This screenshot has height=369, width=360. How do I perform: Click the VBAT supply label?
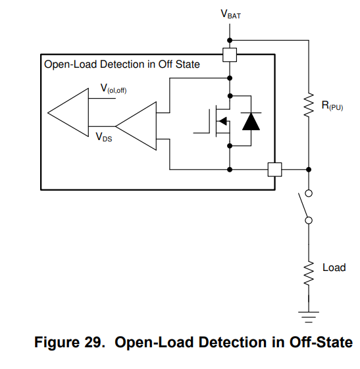[x=231, y=14]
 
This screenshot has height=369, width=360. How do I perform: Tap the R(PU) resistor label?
[x=332, y=105]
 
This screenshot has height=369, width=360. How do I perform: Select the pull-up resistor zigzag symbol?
[x=309, y=105]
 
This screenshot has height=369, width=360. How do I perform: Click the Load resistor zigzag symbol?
[x=309, y=273]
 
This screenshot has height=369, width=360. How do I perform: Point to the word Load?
[x=334, y=268]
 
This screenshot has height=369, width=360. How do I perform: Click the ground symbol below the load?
[x=309, y=317]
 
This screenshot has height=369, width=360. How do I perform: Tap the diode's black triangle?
[x=251, y=122]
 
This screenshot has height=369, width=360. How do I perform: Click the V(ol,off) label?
[x=113, y=89]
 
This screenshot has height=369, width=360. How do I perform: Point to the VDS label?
[x=104, y=137]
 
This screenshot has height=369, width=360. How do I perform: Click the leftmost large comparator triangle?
[x=68, y=112]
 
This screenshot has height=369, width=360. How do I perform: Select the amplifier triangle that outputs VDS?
[x=136, y=126]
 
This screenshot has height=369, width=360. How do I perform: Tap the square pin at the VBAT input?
[x=230, y=55]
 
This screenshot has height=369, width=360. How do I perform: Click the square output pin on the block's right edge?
[x=274, y=170]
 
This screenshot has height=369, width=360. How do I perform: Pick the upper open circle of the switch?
[x=309, y=193]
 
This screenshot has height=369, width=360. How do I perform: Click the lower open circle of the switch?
[x=309, y=220]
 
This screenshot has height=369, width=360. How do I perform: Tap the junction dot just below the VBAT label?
[x=230, y=41]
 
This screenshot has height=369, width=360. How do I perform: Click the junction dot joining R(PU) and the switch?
[x=309, y=170]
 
